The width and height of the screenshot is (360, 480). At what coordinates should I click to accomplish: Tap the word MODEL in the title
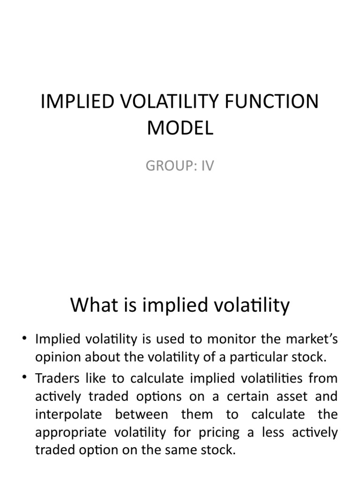point(180,127)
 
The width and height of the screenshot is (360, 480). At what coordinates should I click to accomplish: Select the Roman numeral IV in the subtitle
point(206,166)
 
